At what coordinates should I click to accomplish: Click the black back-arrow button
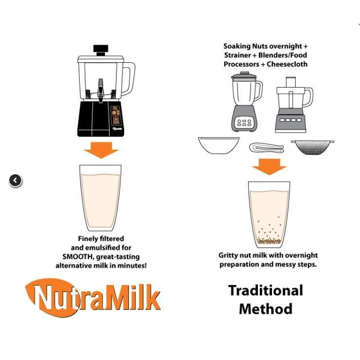pyautogui.click(x=16, y=180)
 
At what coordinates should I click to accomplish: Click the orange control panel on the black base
pyautogui.click(x=116, y=115)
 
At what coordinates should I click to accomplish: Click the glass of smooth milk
pyautogui.click(x=100, y=198)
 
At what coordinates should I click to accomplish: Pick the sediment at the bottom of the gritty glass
pyautogui.click(x=269, y=241)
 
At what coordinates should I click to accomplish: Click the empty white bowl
pyautogui.click(x=218, y=145)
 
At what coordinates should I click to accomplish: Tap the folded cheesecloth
pyautogui.click(x=266, y=148)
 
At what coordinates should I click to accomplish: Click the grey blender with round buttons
pyautogui.click(x=246, y=102)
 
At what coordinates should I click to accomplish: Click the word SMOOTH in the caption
pyautogui.click(x=77, y=256)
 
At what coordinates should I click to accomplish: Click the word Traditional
pyautogui.click(x=266, y=290)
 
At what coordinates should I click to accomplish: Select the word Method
pyautogui.click(x=266, y=309)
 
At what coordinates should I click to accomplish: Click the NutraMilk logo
pyautogui.click(x=93, y=298)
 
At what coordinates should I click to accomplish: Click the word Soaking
pyautogui.click(x=237, y=46)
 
